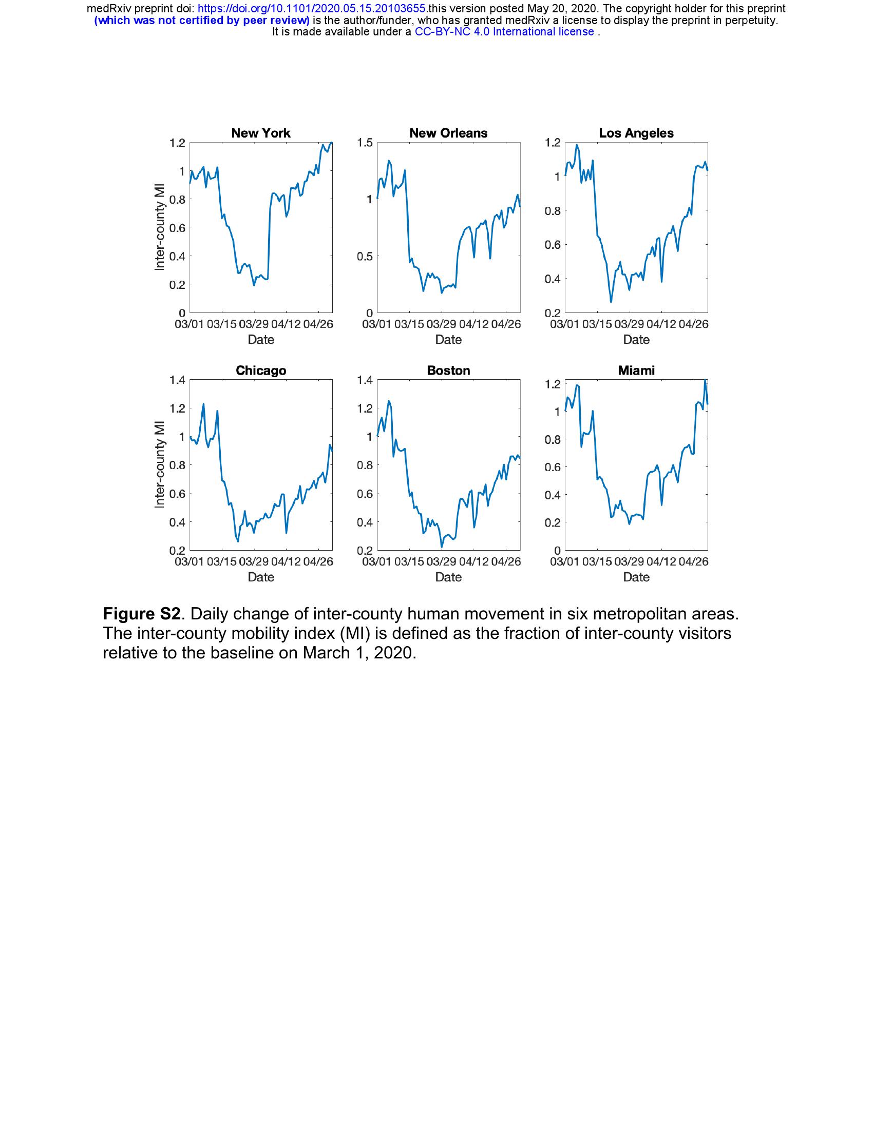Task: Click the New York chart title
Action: (x=261, y=133)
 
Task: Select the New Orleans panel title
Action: (x=448, y=133)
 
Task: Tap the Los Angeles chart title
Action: (x=636, y=133)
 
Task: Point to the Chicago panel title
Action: (x=261, y=371)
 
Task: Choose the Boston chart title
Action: (x=448, y=371)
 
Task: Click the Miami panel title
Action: (x=636, y=371)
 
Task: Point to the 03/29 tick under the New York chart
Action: (x=254, y=324)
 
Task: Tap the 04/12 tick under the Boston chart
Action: (x=474, y=561)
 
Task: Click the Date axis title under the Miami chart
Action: (x=636, y=577)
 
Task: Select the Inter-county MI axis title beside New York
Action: (x=160, y=227)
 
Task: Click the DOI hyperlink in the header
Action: (x=312, y=9)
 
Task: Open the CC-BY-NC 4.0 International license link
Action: (x=504, y=31)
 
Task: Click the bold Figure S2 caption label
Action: (x=142, y=614)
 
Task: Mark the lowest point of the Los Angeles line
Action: (x=611, y=302)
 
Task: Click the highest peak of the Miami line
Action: (x=705, y=380)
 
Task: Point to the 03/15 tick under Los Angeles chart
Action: (x=597, y=324)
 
